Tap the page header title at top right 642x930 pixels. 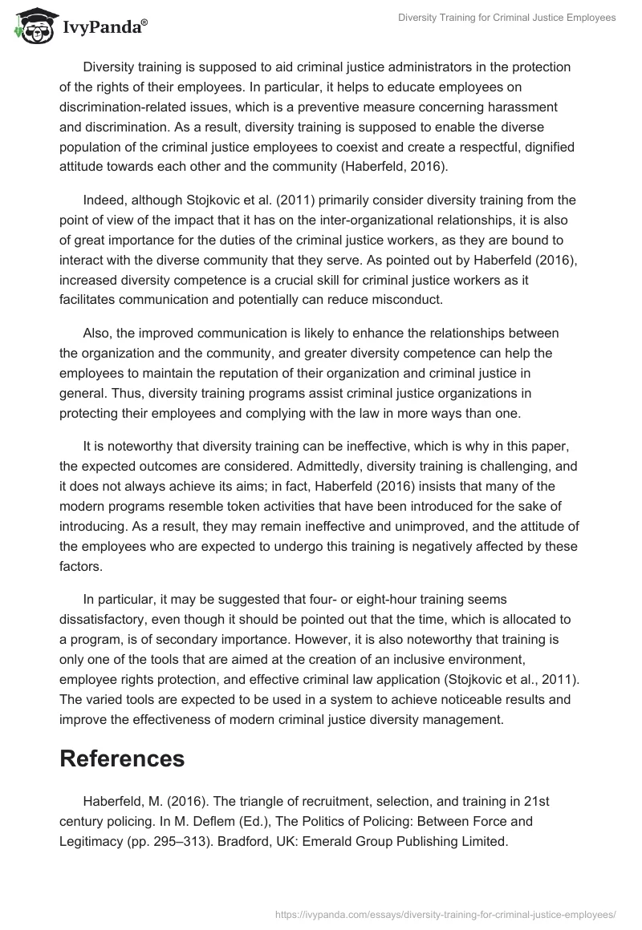point(507,18)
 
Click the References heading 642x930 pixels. point(122,758)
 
